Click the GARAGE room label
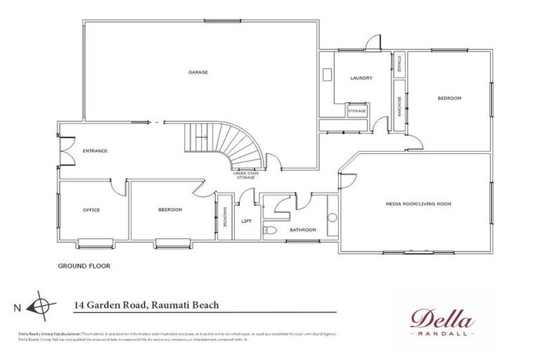pyautogui.click(x=198, y=72)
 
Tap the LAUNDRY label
pyautogui.click(x=361, y=78)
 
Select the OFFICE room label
pyautogui.click(x=91, y=210)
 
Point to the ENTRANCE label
pyautogui.click(x=95, y=150)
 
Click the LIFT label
pyautogui.click(x=246, y=221)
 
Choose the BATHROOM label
pyautogui.click(x=303, y=230)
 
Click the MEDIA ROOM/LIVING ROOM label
pyautogui.click(x=418, y=203)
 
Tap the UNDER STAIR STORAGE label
pyautogui.click(x=245, y=175)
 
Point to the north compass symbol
pyautogui.click(x=42, y=306)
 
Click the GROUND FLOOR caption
pyautogui.click(x=84, y=266)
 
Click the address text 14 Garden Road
pyautogui.click(x=146, y=305)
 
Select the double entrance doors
pyautogui.click(x=64, y=150)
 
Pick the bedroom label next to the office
pyautogui.click(x=170, y=210)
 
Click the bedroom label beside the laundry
pyautogui.click(x=449, y=98)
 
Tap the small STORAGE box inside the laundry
pyautogui.click(x=357, y=111)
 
